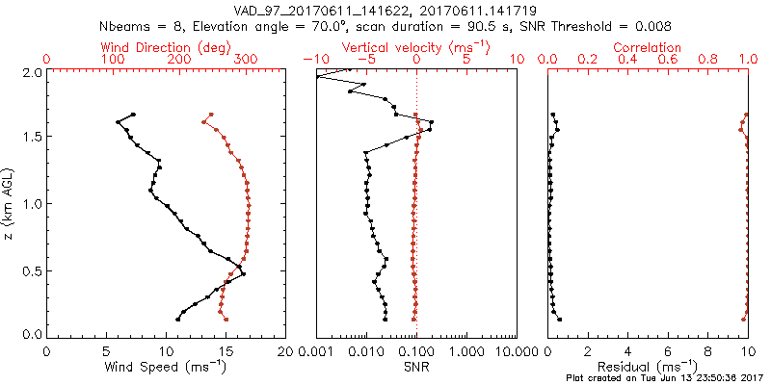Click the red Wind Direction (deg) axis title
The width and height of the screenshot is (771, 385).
pyautogui.click(x=166, y=47)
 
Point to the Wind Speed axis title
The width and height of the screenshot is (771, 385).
pyautogui.click(x=166, y=367)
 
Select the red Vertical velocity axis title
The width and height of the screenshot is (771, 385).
pyautogui.click(x=416, y=47)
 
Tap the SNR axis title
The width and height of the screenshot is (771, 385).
pyautogui.click(x=416, y=367)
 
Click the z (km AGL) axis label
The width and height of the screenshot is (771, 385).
pyautogui.click(x=10, y=203)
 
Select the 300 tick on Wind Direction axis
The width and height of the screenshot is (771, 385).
pyautogui.click(x=246, y=61)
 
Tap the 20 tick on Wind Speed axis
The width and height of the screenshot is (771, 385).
pyautogui.click(x=285, y=349)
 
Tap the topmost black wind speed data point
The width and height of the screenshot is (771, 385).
pyautogui.click(x=134, y=115)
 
